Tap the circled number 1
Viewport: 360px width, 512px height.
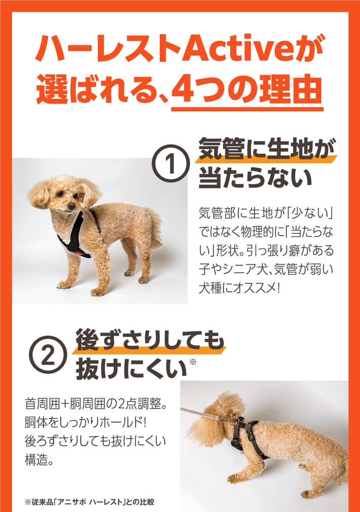pos(171,163)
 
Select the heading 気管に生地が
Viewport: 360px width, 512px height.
pos(267,150)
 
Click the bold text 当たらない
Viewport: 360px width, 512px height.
pos(255,178)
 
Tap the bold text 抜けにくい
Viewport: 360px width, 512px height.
pos(131,369)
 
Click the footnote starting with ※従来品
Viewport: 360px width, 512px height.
pos(89,501)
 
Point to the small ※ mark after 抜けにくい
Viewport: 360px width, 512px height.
pos(193,362)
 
